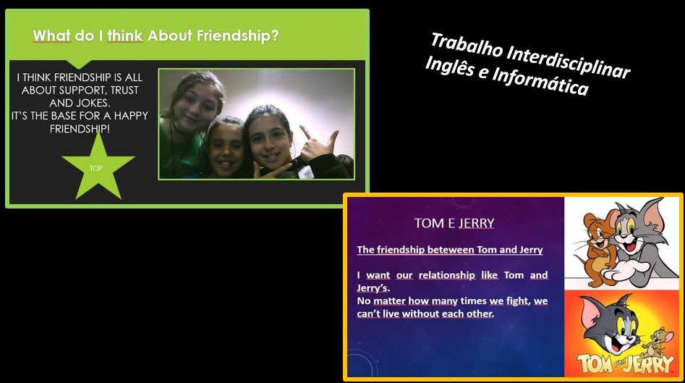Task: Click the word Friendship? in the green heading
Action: tap(237, 36)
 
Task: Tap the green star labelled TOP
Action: tap(98, 167)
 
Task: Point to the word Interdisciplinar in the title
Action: tap(569, 62)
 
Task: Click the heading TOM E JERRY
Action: tap(454, 223)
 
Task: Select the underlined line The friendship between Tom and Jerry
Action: tap(449, 250)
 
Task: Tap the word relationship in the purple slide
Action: tap(447, 275)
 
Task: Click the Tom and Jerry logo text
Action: tap(625, 363)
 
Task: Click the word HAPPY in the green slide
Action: tap(131, 116)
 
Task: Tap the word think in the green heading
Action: tap(125, 36)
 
